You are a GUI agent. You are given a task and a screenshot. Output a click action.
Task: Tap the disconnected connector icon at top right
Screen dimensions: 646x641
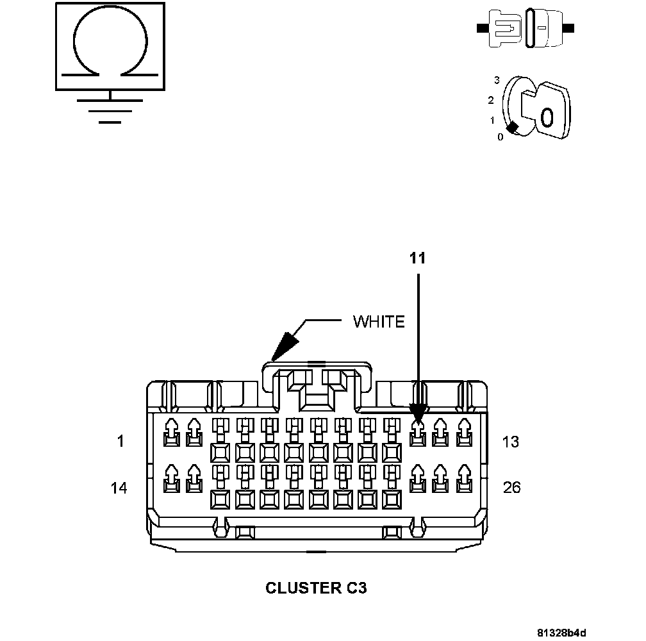(526, 28)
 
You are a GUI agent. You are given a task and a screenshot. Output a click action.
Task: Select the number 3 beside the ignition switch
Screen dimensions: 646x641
(497, 80)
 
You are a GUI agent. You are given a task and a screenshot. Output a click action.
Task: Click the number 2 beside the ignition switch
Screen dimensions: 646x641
(491, 100)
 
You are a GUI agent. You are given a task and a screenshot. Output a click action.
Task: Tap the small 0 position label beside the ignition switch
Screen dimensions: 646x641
(500, 137)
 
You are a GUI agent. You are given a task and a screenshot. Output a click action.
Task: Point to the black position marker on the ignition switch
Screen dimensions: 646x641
(512, 128)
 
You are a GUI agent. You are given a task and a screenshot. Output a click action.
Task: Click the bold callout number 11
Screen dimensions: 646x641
(417, 258)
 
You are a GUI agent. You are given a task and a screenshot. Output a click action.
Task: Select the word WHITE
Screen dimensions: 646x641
(379, 322)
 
